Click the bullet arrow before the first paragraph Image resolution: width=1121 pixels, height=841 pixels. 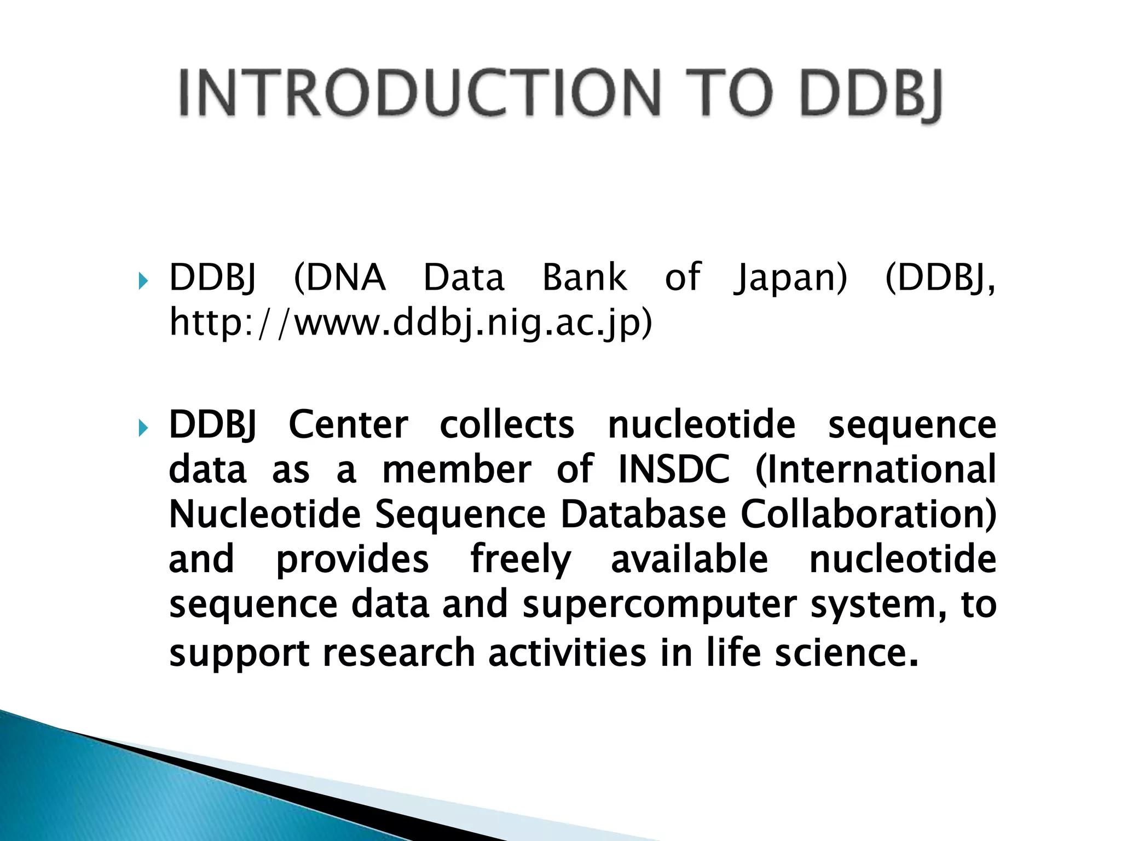(x=143, y=281)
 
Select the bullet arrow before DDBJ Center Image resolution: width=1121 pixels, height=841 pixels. (x=143, y=428)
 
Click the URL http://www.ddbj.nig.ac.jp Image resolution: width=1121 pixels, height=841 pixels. (x=411, y=323)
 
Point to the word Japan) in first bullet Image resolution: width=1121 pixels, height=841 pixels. (x=790, y=278)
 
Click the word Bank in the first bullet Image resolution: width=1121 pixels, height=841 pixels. (x=584, y=278)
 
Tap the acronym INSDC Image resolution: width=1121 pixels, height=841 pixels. (x=674, y=470)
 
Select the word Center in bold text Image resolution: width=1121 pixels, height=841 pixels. (x=348, y=425)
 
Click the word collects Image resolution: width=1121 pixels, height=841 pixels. (x=507, y=425)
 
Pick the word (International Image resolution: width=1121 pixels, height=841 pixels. (x=876, y=470)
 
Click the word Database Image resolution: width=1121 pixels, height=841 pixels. (x=643, y=515)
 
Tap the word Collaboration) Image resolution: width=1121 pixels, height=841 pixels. (x=869, y=515)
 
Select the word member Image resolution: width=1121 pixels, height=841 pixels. (x=457, y=470)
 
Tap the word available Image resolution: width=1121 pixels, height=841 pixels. (x=690, y=560)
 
